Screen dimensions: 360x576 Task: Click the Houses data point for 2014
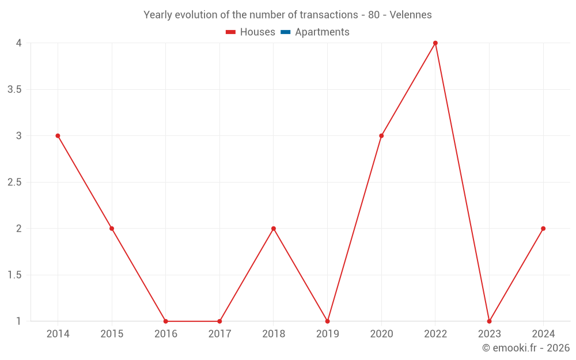[58, 136]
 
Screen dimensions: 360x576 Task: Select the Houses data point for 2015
[112, 229]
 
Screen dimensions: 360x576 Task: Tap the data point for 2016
[166, 321]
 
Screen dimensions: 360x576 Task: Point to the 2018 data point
[274, 229]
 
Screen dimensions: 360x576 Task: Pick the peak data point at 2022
[435, 43]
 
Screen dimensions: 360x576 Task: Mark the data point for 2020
[381, 136]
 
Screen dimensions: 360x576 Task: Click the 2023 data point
[489, 321]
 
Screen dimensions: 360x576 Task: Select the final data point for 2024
[543, 229]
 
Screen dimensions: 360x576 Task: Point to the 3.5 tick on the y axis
[15, 90]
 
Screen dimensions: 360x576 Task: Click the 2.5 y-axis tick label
[15, 183]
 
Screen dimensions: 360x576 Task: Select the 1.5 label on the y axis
[15, 275]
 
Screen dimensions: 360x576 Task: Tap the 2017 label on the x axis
[219, 334]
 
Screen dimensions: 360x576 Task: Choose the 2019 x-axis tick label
[327, 334]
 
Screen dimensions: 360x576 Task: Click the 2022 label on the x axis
[435, 334]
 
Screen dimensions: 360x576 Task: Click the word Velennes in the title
[411, 15]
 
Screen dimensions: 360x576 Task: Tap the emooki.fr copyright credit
[526, 348]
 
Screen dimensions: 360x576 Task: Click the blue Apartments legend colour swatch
[285, 32]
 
